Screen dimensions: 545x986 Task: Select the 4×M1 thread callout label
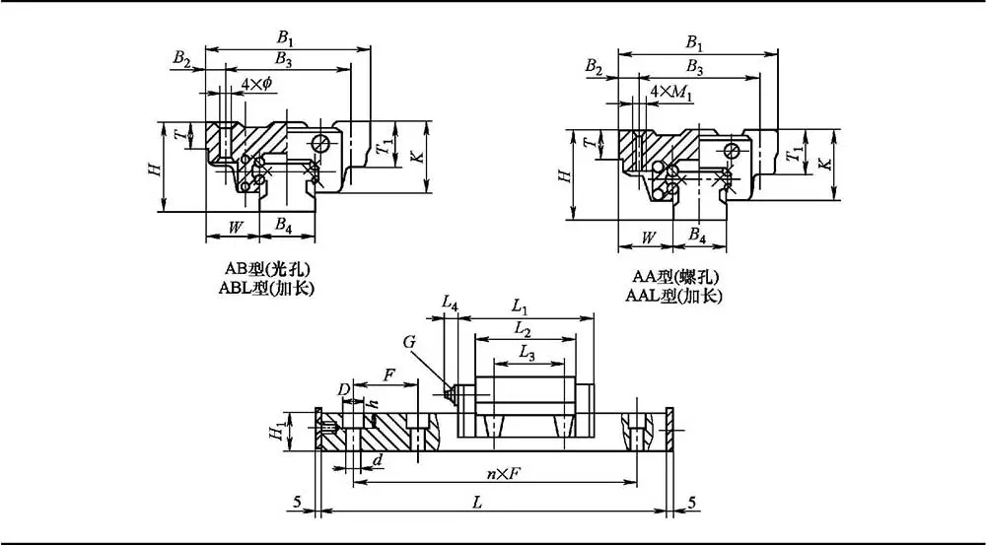pyautogui.click(x=671, y=92)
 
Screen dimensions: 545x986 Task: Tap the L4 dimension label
pyautogui.click(x=450, y=306)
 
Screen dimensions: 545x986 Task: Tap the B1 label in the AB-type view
pyautogui.click(x=285, y=37)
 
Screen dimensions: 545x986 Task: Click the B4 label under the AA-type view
pyautogui.click(x=697, y=236)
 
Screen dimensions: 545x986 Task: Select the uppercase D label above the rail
pyautogui.click(x=343, y=391)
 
